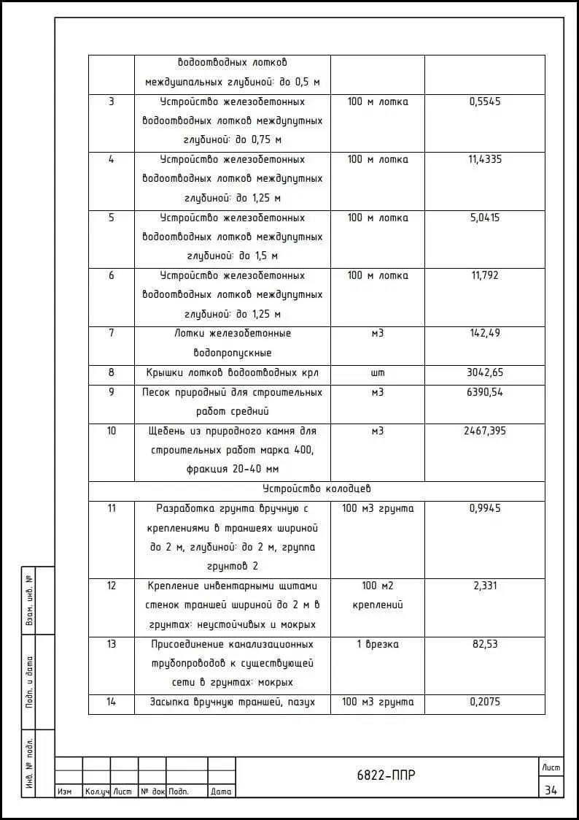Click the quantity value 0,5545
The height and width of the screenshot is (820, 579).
[485, 101]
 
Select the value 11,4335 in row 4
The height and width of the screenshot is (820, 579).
[485, 159]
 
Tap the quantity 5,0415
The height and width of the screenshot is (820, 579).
[485, 218]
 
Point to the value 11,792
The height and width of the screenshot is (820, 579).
[485, 275]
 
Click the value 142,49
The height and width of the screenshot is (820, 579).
[485, 333]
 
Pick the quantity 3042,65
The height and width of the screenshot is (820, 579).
[485, 372]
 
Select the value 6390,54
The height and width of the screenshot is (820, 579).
[485, 392]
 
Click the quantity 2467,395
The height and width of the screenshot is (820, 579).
[485, 431]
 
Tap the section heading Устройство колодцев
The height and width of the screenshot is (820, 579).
[317, 488]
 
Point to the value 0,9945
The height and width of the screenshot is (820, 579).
[485, 508]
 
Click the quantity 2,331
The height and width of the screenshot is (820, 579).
[485, 586]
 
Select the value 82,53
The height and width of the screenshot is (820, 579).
[485, 644]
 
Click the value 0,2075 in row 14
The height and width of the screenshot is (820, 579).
[485, 702]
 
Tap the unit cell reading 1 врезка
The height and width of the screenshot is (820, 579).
[378, 644]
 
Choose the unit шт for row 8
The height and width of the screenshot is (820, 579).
[378, 372]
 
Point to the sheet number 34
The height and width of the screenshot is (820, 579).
[551, 789]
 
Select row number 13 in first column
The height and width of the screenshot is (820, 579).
[112, 644]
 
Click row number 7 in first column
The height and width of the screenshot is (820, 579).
[112, 333]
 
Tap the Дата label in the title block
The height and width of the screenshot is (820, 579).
[221, 792]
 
